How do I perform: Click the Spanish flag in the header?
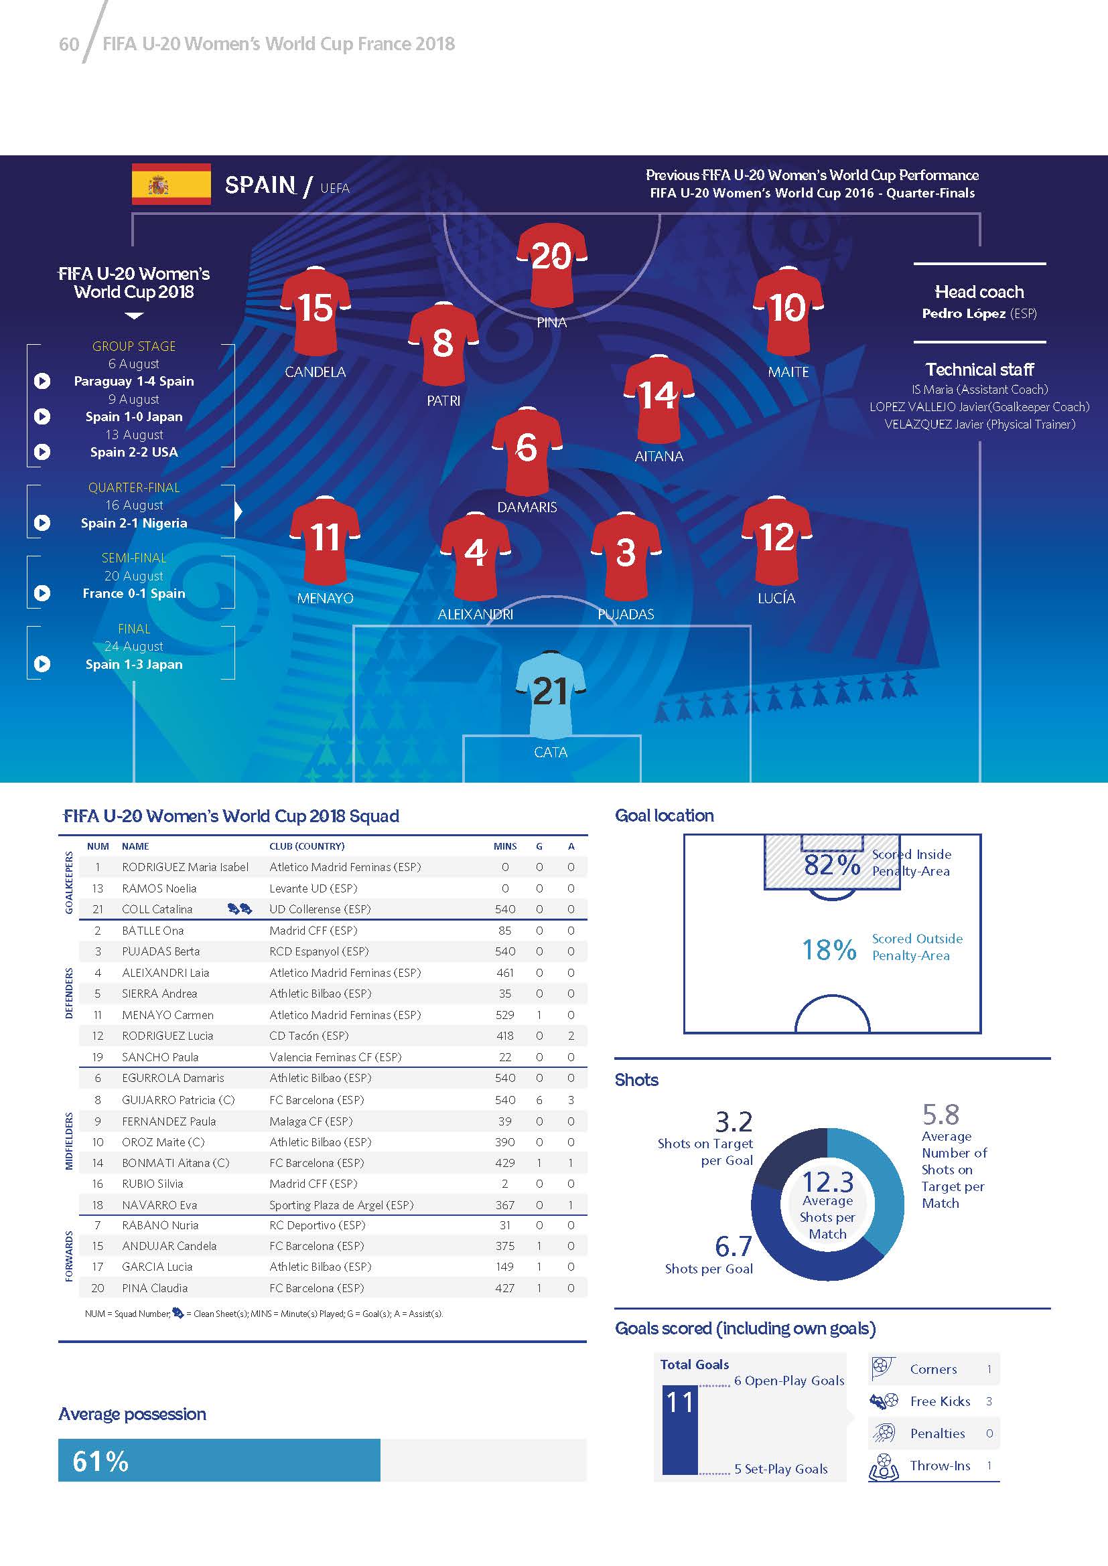pyautogui.click(x=171, y=184)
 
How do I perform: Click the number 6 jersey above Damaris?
pyautogui.click(x=527, y=450)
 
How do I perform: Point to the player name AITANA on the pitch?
pyautogui.click(x=659, y=457)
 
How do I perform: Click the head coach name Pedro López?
pyautogui.click(x=963, y=314)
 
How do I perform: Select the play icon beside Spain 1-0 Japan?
pyautogui.click(x=42, y=416)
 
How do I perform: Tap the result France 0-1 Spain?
pyautogui.click(x=134, y=593)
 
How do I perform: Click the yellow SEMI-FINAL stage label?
pyautogui.click(x=134, y=558)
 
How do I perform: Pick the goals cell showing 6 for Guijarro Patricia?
pyautogui.click(x=539, y=1100)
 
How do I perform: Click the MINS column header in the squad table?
pyautogui.click(x=505, y=846)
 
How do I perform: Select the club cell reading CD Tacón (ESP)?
pyautogui.click(x=309, y=1035)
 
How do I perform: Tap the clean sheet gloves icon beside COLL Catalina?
pyautogui.click(x=239, y=909)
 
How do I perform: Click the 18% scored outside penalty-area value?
pyautogui.click(x=829, y=949)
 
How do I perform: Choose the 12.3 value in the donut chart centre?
pyautogui.click(x=827, y=1181)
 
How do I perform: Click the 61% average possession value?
pyautogui.click(x=100, y=1461)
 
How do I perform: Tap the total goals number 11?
pyautogui.click(x=679, y=1403)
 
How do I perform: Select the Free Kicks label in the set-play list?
pyautogui.click(x=939, y=1401)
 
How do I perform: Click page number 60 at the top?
pyautogui.click(x=69, y=44)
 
